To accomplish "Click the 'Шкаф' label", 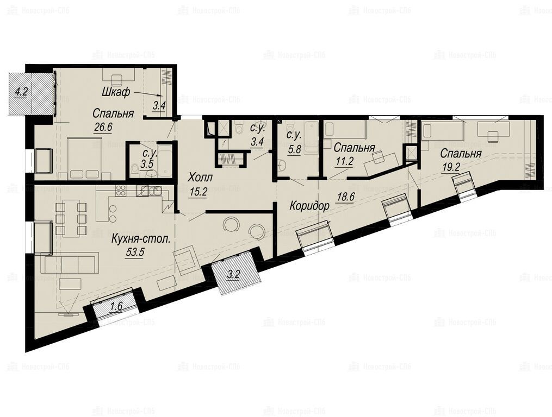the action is coord(116,92).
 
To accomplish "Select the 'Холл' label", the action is coord(200,178).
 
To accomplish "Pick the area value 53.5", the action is coord(134,253).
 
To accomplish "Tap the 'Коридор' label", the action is coord(309,206).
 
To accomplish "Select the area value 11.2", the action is coord(344,161).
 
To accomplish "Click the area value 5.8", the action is coord(294,149).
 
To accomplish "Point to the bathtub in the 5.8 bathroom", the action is coord(311,137).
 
